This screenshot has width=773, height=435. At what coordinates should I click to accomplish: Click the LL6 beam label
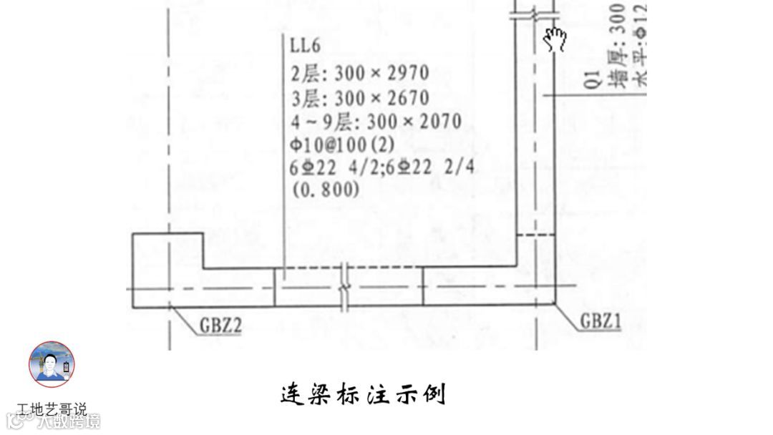306,47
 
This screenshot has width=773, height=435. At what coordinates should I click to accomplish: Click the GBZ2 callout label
220,326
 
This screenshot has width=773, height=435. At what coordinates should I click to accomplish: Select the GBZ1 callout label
600,323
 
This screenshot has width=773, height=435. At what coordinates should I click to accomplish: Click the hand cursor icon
555,39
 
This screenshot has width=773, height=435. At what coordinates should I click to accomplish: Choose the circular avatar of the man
51,364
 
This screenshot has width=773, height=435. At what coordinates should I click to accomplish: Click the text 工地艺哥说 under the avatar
52,409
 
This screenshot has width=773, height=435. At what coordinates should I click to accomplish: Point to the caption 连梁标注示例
363,394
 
